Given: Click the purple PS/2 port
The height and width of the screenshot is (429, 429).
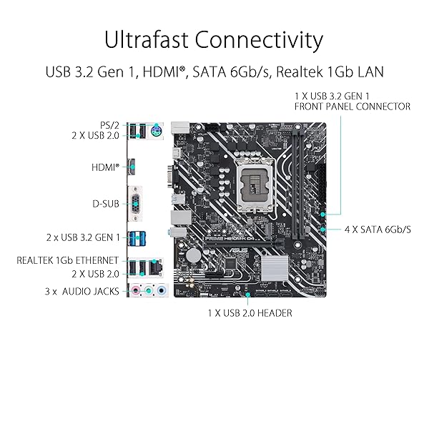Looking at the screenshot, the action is pos(156,131).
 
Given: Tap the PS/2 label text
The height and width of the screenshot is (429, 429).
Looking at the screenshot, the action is pos(109,125).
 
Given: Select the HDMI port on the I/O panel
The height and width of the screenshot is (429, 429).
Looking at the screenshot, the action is pos(132,167).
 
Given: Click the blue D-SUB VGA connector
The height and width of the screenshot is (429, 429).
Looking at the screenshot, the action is pos(135,204).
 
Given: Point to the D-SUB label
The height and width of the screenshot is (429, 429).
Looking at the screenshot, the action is pos(106,204).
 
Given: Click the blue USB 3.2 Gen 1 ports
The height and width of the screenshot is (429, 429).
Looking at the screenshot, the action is pos(137,238).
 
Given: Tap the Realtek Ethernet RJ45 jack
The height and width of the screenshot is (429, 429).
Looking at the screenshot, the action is pos(156,267).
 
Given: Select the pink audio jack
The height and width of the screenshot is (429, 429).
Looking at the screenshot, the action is pos(135,290).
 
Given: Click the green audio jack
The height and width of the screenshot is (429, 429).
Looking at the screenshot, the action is pos(148,290).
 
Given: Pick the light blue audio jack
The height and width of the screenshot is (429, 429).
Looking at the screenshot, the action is pos(162,290).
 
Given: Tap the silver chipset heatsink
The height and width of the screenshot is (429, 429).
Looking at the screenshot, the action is pos(275,268).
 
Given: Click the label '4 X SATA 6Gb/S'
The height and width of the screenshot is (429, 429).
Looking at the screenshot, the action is pos(378,230).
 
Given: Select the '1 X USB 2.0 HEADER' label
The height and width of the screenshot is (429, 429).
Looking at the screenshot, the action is pos(250,313).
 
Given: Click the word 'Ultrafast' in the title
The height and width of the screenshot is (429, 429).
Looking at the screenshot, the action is pos(146,39).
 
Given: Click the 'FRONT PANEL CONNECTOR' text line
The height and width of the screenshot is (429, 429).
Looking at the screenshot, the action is pos(352,107).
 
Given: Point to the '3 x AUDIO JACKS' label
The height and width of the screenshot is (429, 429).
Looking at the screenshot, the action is pos(82,292).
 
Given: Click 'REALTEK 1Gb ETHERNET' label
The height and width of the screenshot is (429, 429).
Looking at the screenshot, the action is pos(68,260).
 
